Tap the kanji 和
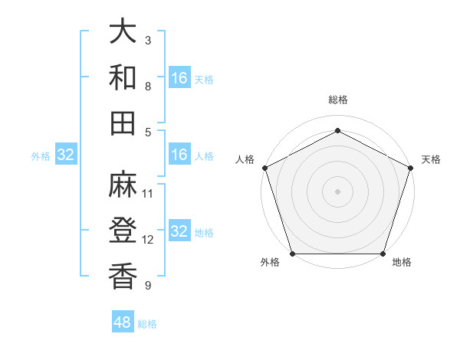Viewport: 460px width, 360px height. point(123,77)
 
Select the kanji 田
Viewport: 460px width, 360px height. point(123,123)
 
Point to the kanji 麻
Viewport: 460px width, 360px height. point(123,184)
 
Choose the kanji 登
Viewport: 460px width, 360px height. point(123,230)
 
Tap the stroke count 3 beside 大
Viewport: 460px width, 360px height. point(148,40)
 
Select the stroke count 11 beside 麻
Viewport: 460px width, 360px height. point(148,194)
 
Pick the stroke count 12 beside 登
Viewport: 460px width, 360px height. point(148,240)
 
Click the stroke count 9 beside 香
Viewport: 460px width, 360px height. point(148,286)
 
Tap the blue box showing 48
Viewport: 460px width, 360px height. point(123,322)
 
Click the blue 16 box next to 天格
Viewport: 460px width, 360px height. point(179,77)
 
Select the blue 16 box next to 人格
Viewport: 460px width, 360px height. point(179,155)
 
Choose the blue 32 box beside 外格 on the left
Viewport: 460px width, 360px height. point(66,155)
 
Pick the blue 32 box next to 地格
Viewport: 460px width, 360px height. point(179,232)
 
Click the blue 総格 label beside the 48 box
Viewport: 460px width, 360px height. point(147,324)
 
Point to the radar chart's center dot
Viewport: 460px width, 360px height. point(337,191)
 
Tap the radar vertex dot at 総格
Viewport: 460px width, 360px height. point(337,130)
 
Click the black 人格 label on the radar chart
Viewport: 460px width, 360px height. point(245,159)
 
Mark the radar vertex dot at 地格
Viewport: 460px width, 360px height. point(383,254)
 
